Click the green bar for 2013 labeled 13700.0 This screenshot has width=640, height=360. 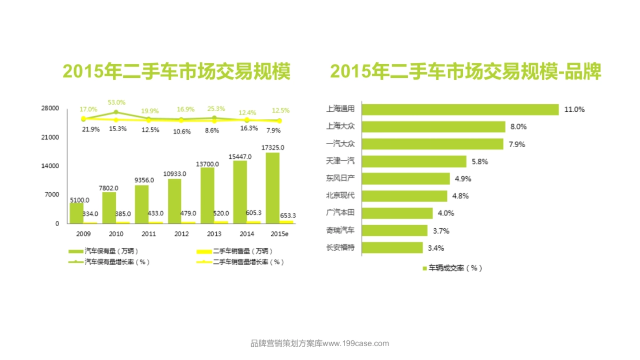pos(207,195)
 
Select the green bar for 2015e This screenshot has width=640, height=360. pos(272,188)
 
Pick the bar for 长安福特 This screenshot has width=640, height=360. pos(393,247)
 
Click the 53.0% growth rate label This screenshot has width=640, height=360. pos(116,102)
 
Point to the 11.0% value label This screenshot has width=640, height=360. pos(574,109)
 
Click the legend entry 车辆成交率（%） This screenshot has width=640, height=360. pos(453,268)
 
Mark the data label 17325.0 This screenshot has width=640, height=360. pos(273,147)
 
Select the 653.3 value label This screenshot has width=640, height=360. pos(287,215)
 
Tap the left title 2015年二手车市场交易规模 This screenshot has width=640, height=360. pos(177,71)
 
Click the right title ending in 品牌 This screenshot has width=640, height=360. pos(465,71)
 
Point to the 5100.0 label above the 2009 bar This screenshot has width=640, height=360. pos(79,199)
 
